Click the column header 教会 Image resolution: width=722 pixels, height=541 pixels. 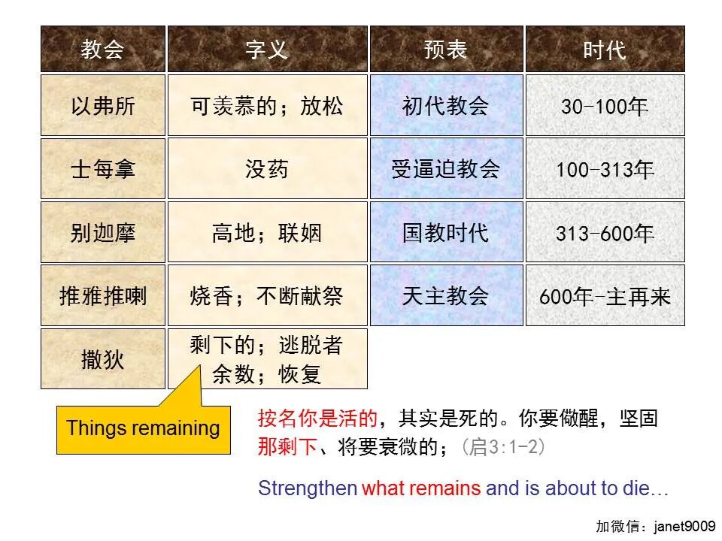pos(102,50)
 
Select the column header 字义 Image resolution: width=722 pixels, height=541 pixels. pos(267,50)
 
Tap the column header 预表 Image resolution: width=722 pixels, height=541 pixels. pos(446,50)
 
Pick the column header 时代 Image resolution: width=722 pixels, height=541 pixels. pos(605,50)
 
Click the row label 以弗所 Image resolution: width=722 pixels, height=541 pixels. pos(102,106)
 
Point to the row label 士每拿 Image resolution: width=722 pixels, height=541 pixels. pos(102,169)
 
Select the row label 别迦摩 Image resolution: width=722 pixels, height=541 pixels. pos(102,233)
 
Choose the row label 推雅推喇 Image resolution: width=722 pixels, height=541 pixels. pos(102,296)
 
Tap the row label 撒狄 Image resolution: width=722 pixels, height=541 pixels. pos(102,359)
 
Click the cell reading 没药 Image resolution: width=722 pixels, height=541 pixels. pos(267,169)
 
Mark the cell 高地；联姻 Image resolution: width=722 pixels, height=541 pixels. pos(267,233)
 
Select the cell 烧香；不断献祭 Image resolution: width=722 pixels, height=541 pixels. pos(267,296)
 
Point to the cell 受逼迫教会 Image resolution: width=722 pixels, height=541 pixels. pos(446,169)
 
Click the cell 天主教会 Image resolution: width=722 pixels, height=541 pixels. pos(446,296)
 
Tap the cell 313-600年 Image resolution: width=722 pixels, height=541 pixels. pos(605,233)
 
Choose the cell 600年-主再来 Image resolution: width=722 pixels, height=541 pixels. pos(605,296)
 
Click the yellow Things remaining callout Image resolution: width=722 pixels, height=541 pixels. pos(143,429)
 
